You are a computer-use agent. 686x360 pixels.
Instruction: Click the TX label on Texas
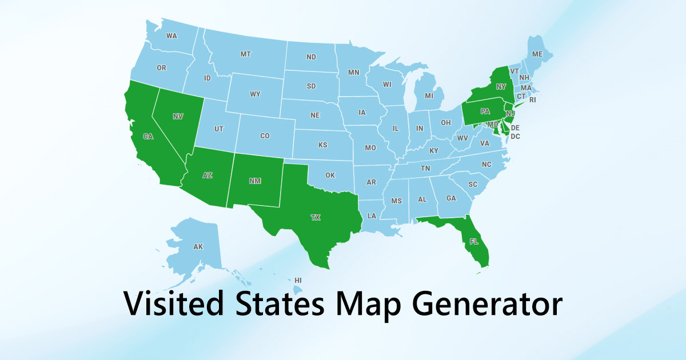tap(315, 218)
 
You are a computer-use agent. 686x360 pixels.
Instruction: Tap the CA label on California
tap(148, 137)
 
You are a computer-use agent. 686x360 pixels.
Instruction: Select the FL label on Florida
tap(474, 242)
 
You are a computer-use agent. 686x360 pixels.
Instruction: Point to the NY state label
tap(501, 87)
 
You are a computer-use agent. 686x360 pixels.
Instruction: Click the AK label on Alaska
tap(198, 247)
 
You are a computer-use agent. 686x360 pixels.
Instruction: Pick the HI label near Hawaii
tap(298, 281)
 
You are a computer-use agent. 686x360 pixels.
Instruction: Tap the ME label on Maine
tap(537, 54)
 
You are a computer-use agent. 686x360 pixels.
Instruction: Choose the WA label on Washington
tap(171, 36)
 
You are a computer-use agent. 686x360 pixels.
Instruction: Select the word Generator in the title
tap(485, 304)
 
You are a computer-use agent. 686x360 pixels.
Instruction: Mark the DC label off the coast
tap(515, 137)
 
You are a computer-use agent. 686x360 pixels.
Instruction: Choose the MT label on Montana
tap(245, 54)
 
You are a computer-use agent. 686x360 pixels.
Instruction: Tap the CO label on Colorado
tap(265, 136)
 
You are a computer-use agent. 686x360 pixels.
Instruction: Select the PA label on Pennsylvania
tap(485, 111)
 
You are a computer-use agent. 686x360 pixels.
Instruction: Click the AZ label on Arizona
tap(208, 175)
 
